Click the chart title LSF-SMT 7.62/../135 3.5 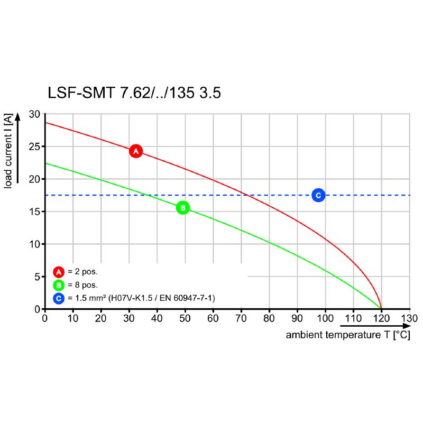coord(134,94)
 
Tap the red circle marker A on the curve coord(136,151)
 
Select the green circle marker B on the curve coord(182,208)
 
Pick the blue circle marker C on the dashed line coord(318,195)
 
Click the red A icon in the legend coord(59,272)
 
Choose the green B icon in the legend coord(59,286)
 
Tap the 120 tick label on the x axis coord(381,318)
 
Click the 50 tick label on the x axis coord(185,318)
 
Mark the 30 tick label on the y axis coord(34,114)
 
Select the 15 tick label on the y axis coord(34,212)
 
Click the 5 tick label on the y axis coord(37,277)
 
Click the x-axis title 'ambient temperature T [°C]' coord(347,335)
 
